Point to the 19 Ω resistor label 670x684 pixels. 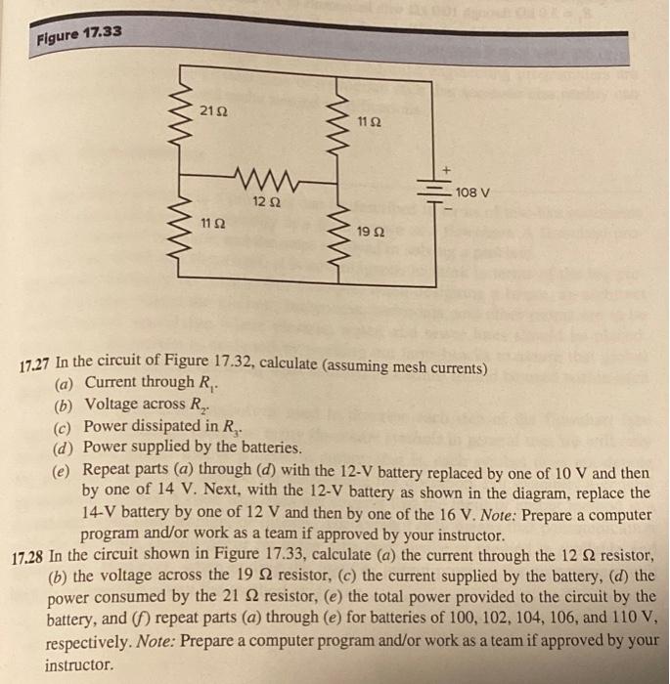click(x=371, y=234)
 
